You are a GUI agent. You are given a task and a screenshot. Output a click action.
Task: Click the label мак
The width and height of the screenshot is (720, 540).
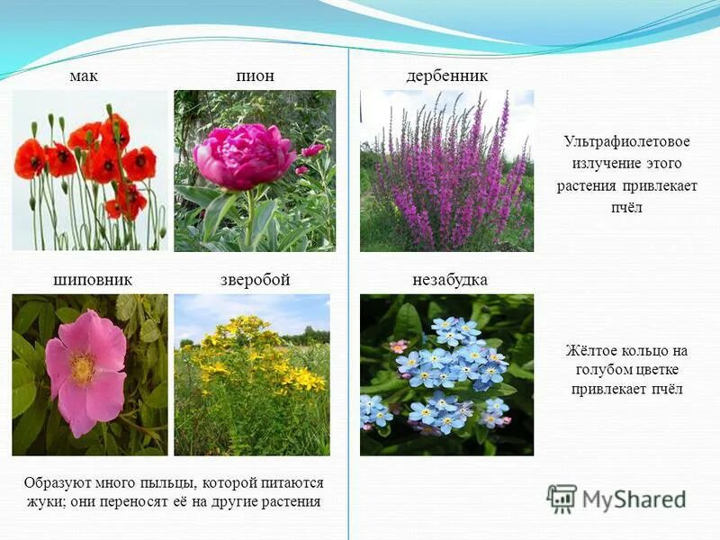pyautogui.click(x=84, y=76)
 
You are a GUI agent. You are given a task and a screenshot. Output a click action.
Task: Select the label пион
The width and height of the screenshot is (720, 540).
pyautogui.click(x=255, y=76)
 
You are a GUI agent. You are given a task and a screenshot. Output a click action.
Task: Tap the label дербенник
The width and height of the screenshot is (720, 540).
pyautogui.click(x=446, y=76)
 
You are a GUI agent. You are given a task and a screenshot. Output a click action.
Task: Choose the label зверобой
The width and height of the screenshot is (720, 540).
pyautogui.click(x=256, y=280)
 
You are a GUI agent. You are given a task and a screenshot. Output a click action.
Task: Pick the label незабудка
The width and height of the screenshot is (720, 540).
pyautogui.click(x=450, y=280)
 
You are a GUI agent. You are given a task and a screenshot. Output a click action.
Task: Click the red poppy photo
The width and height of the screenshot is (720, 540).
pyautogui.click(x=89, y=170)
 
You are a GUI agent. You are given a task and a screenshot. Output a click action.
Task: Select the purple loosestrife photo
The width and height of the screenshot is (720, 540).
pyautogui.click(x=446, y=170)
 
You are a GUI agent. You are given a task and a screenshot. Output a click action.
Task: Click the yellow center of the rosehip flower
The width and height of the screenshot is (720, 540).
pyautogui.click(x=83, y=367)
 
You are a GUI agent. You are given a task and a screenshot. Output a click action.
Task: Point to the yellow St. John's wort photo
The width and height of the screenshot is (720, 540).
pyautogui.click(x=252, y=374)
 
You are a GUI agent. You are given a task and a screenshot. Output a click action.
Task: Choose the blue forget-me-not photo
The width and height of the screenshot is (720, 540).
pyautogui.click(x=446, y=374)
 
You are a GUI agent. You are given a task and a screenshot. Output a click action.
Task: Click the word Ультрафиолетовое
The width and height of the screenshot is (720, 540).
pyautogui.click(x=626, y=142)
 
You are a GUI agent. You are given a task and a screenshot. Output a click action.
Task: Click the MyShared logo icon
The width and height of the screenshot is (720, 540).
pyautogui.click(x=562, y=498)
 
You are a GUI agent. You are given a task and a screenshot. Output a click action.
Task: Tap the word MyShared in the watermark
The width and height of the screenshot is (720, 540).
pyautogui.click(x=634, y=499)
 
